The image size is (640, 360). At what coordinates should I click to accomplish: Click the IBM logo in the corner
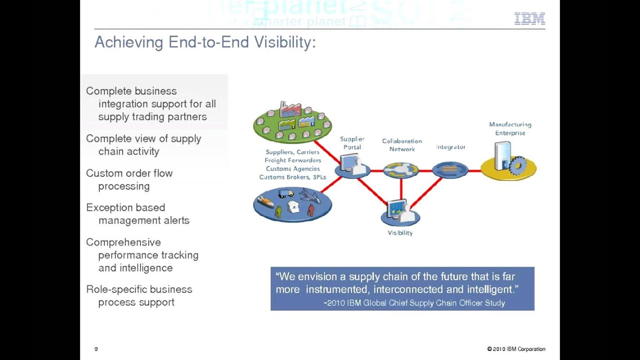pyautogui.click(x=529, y=19)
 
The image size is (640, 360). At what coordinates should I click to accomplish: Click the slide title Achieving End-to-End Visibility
pyautogui.click(x=205, y=42)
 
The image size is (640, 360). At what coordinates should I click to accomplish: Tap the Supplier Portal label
pyautogui.click(x=352, y=143)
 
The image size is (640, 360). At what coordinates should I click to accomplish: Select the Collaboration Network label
pyautogui.click(x=402, y=145)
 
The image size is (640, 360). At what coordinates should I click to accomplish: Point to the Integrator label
pyautogui.click(x=450, y=147)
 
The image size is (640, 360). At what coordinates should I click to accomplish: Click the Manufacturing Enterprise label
pyautogui.click(x=510, y=128)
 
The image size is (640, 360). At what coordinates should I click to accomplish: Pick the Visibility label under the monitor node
pyautogui.click(x=400, y=233)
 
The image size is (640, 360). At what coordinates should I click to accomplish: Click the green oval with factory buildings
pyautogui.click(x=292, y=122)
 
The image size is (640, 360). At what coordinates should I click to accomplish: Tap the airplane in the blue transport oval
pyautogui.click(x=310, y=195)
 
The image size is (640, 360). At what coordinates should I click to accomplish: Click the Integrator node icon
pyautogui.click(x=450, y=170)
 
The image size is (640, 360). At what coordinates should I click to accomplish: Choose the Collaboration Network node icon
pyautogui.click(x=401, y=170)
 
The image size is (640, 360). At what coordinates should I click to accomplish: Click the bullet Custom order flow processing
pyautogui.click(x=129, y=179)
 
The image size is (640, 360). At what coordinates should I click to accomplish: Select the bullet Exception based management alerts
pyautogui.click(x=137, y=213)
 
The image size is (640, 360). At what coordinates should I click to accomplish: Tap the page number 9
pyautogui.click(x=96, y=349)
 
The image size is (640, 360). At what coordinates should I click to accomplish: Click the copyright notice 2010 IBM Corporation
pyautogui.click(x=516, y=349)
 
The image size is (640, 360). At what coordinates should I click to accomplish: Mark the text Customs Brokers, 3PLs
pyautogui.click(x=292, y=177)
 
